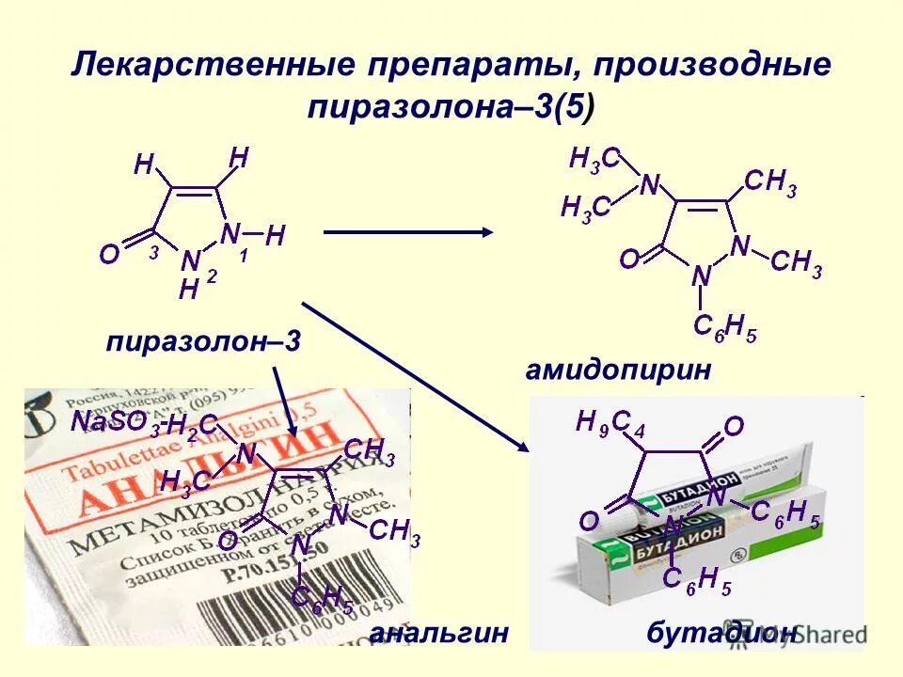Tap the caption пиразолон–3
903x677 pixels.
(203, 341)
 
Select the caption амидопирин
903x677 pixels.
(619, 370)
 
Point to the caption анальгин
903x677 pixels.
(439, 633)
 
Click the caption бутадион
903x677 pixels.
(723, 633)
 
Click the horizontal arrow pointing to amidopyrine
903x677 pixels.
(408, 232)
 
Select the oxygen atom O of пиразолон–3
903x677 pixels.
(110, 256)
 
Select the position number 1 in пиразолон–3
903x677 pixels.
(243, 254)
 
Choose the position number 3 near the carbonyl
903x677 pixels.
(153, 253)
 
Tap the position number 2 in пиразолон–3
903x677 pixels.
(212, 276)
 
